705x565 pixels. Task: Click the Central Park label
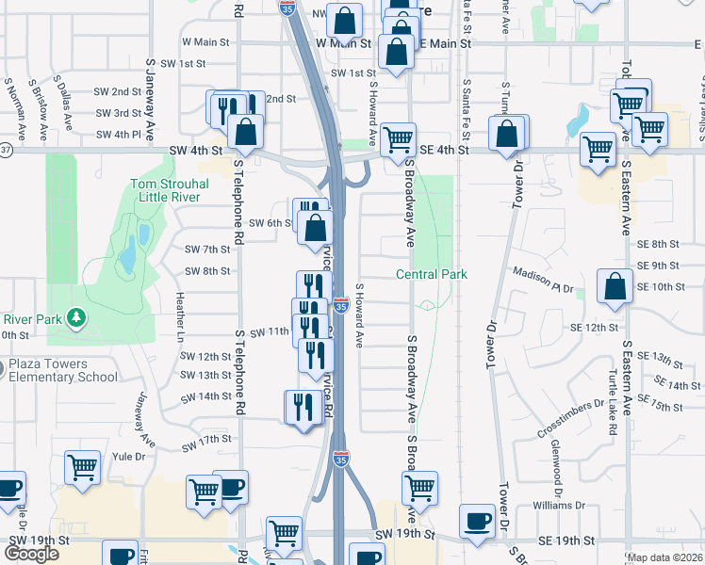click(x=431, y=274)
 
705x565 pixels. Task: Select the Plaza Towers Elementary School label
click(x=63, y=371)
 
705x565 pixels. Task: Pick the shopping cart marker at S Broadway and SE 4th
click(x=400, y=138)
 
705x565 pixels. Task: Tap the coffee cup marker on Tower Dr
click(x=477, y=521)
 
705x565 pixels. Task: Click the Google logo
click(x=32, y=554)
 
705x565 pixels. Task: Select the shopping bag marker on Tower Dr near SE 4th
click(x=508, y=133)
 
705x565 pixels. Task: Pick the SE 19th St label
click(x=566, y=541)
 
